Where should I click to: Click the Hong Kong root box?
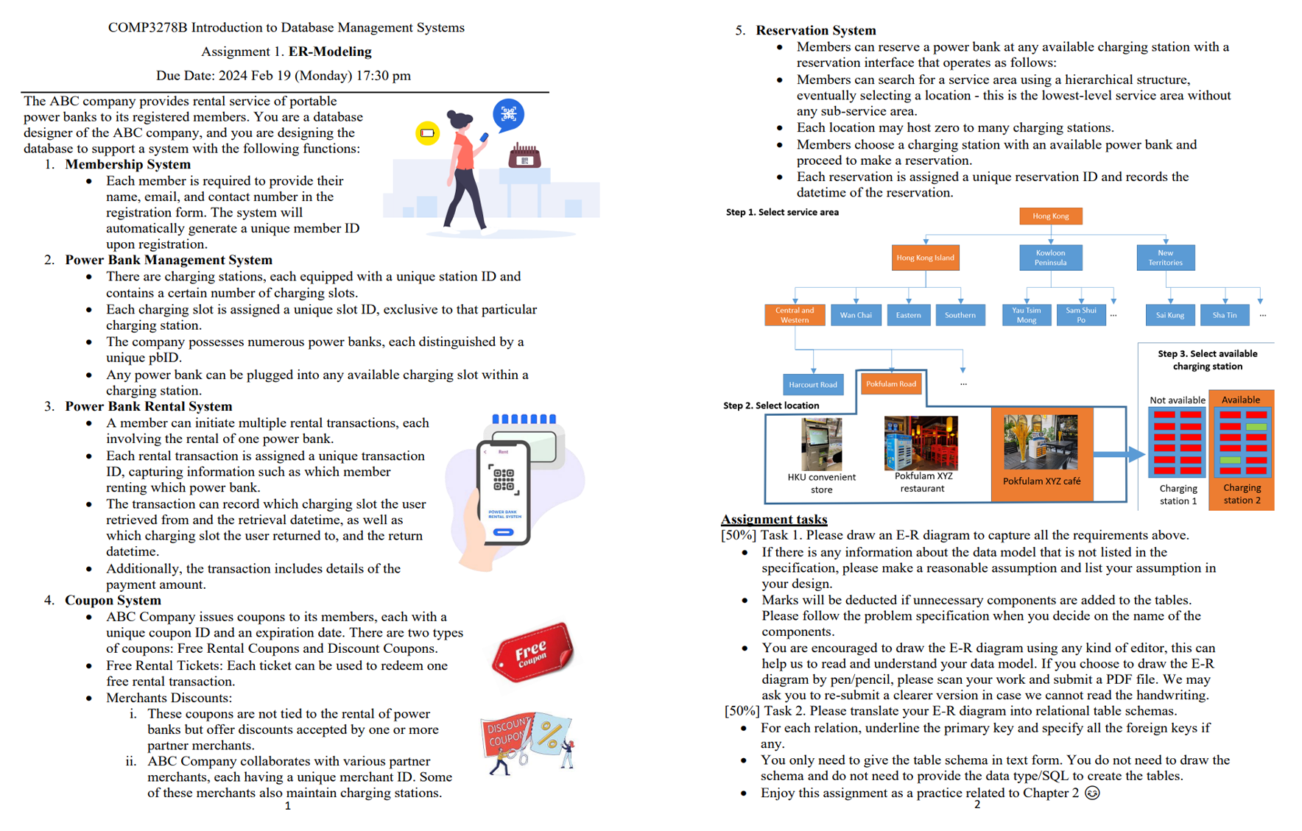click(1050, 216)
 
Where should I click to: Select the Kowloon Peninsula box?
click(1050, 258)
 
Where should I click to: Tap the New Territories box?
click(1165, 258)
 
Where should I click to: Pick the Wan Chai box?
click(856, 315)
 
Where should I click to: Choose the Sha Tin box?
click(1225, 315)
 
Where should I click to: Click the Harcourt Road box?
click(813, 384)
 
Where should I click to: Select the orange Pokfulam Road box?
click(891, 383)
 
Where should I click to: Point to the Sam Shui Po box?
click(1080, 315)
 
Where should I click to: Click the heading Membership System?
click(127, 164)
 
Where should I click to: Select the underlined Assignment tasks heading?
click(774, 519)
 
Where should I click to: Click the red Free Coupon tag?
click(532, 652)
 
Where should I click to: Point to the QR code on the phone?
click(504, 479)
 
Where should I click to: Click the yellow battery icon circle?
click(427, 133)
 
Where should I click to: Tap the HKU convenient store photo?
click(821, 444)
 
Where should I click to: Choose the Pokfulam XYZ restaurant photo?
click(921, 443)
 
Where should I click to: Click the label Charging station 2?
click(1242, 494)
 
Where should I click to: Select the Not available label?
click(1177, 400)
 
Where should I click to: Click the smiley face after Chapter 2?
click(1092, 793)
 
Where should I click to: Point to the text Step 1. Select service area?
click(782, 212)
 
